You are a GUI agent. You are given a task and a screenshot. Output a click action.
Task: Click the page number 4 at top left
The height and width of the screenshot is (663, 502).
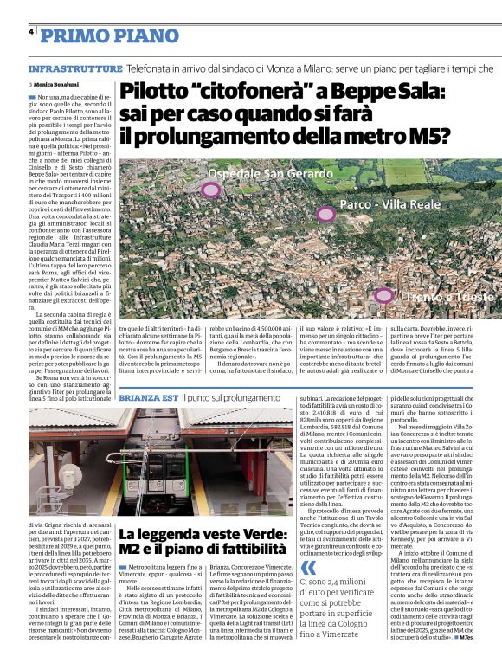click(31, 32)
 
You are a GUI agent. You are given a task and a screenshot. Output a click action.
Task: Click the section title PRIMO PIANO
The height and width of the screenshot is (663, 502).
click(99, 35)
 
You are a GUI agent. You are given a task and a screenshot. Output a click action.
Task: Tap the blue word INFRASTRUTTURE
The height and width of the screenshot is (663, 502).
click(74, 68)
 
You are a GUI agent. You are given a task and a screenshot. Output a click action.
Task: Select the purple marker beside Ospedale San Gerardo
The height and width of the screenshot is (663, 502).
click(210, 190)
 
